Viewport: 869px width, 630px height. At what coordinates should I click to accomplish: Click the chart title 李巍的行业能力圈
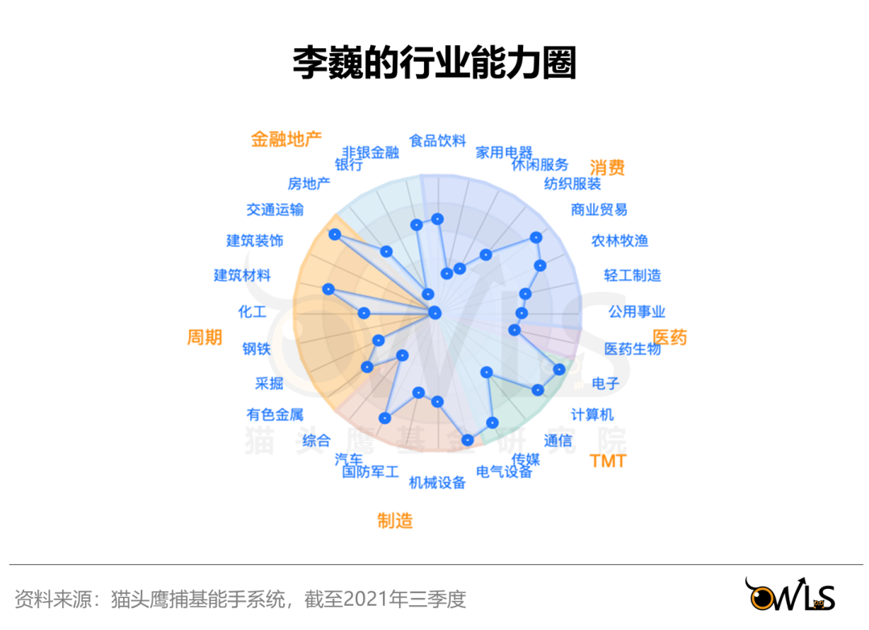tap(434, 64)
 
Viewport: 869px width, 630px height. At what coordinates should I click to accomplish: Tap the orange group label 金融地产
tap(286, 138)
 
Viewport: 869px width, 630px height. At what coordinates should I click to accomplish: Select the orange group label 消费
tap(607, 167)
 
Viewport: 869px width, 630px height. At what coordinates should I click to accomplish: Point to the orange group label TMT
tap(607, 461)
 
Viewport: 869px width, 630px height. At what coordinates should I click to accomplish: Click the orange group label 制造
tap(395, 521)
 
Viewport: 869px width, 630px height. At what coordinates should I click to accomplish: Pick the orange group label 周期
tap(204, 337)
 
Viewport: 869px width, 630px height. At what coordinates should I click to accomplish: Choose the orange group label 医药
tap(669, 338)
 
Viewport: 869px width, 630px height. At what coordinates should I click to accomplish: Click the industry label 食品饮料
tap(438, 141)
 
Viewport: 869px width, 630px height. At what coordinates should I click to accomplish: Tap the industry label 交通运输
tap(275, 210)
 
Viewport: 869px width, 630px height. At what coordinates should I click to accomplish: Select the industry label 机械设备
tap(438, 483)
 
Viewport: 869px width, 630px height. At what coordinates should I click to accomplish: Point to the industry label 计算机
tap(592, 414)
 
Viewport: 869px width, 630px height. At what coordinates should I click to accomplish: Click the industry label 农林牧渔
tap(620, 241)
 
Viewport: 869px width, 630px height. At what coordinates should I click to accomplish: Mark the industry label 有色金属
tap(275, 415)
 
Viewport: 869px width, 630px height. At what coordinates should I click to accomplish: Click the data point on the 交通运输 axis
tap(335, 234)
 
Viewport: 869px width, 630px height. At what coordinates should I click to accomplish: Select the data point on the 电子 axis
tap(559, 369)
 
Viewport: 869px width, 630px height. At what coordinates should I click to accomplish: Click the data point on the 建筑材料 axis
tap(327, 289)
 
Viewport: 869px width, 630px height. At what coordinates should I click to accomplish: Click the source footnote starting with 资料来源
tap(241, 599)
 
